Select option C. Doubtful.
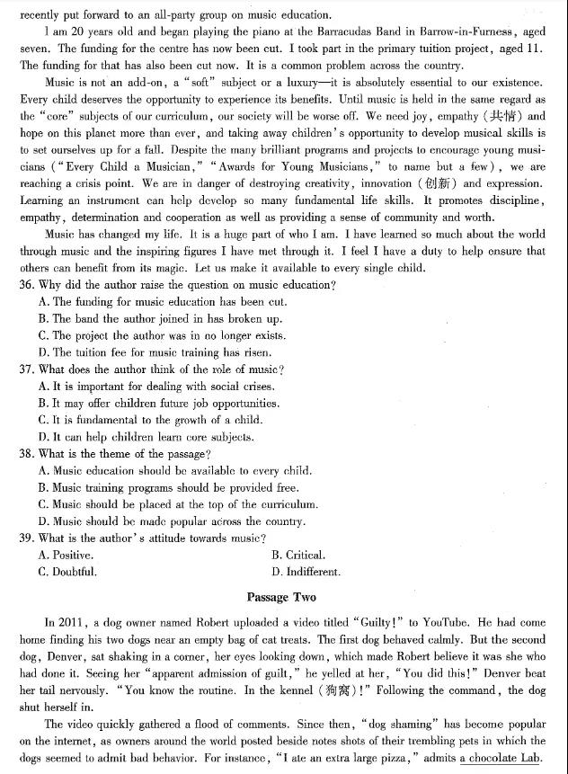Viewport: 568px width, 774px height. click(x=67, y=572)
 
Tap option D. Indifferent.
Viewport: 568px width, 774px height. click(x=306, y=572)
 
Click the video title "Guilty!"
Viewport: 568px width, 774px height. click(x=382, y=622)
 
